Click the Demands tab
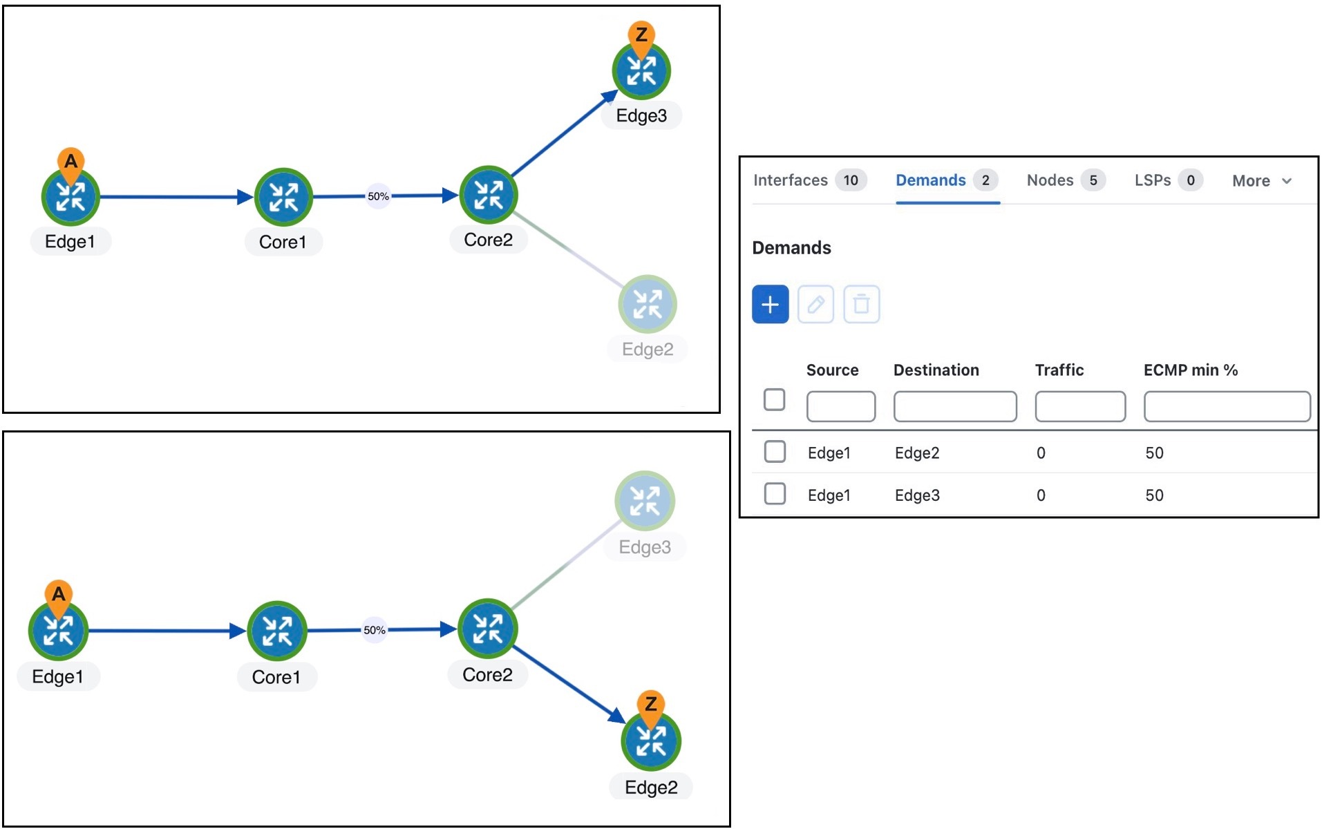pyautogui.click(x=930, y=180)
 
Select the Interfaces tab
pyautogui.click(x=790, y=180)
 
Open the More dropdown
pyautogui.click(x=1260, y=181)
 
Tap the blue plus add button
pyautogui.click(x=770, y=304)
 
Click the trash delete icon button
pyautogui.click(x=861, y=304)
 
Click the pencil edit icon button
pyautogui.click(x=815, y=304)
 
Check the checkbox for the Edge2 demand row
pyautogui.click(x=775, y=452)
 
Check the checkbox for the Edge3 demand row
pyautogui.click(x=775, y=494)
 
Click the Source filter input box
pyautogui.click(x=840, y=406)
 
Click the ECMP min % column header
pyautogui.click(x=1190, y=370)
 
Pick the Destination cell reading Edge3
pyautogui.click(x=917, y=495)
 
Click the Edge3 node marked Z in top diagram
pyautogui.click(x=641, y=71)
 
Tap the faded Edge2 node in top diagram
pyautogui.click(x=648, y=305)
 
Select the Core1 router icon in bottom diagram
pyautogui.click(x=277, y=631)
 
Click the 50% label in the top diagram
pyautogui.click(x=378, y=196)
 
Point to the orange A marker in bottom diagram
pyautogui.click(x=59, y=594)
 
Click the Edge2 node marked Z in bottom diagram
pyautogui.click(x=651, y=741)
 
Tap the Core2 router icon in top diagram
pyautogui.click(x=489, y=195)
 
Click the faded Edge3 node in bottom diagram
pyautogui.click(x=645, y=501)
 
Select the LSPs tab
pyautogui.click(x=1152, y=180)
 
